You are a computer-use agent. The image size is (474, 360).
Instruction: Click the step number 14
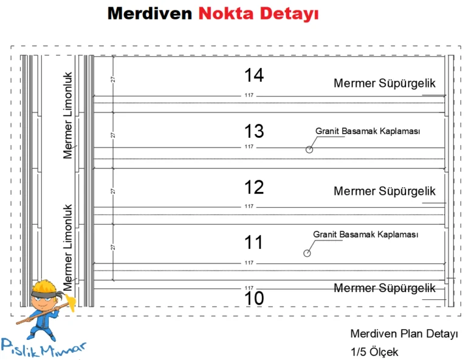click(x=254, y=75)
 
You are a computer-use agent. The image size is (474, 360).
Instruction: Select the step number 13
click(x=254, y=131)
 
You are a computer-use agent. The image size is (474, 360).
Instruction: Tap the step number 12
click(x=254, y=187)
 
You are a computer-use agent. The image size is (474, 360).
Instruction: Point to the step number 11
click(x=254, y=243)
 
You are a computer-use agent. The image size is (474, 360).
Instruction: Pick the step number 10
click(x=254, y=299)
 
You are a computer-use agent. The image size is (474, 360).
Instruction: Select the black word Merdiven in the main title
click(x=149, y=13)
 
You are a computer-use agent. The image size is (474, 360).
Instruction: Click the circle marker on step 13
click(x=309, y=149)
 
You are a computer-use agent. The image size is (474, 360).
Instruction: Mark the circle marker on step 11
click(x=307, y=253)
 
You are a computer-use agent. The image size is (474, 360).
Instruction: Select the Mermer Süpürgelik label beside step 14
click(x=384, y=84)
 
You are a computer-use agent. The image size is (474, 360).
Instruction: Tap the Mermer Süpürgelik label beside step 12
click(x=384, y=191)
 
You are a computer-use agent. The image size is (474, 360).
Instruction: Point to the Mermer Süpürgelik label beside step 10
click(x=384, y=288)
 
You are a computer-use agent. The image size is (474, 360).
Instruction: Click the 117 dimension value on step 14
click(x=249, y=96)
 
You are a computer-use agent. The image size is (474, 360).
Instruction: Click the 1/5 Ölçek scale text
click(x=374, y=352)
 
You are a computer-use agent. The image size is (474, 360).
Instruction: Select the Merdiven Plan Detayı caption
click(x=404, y=335)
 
